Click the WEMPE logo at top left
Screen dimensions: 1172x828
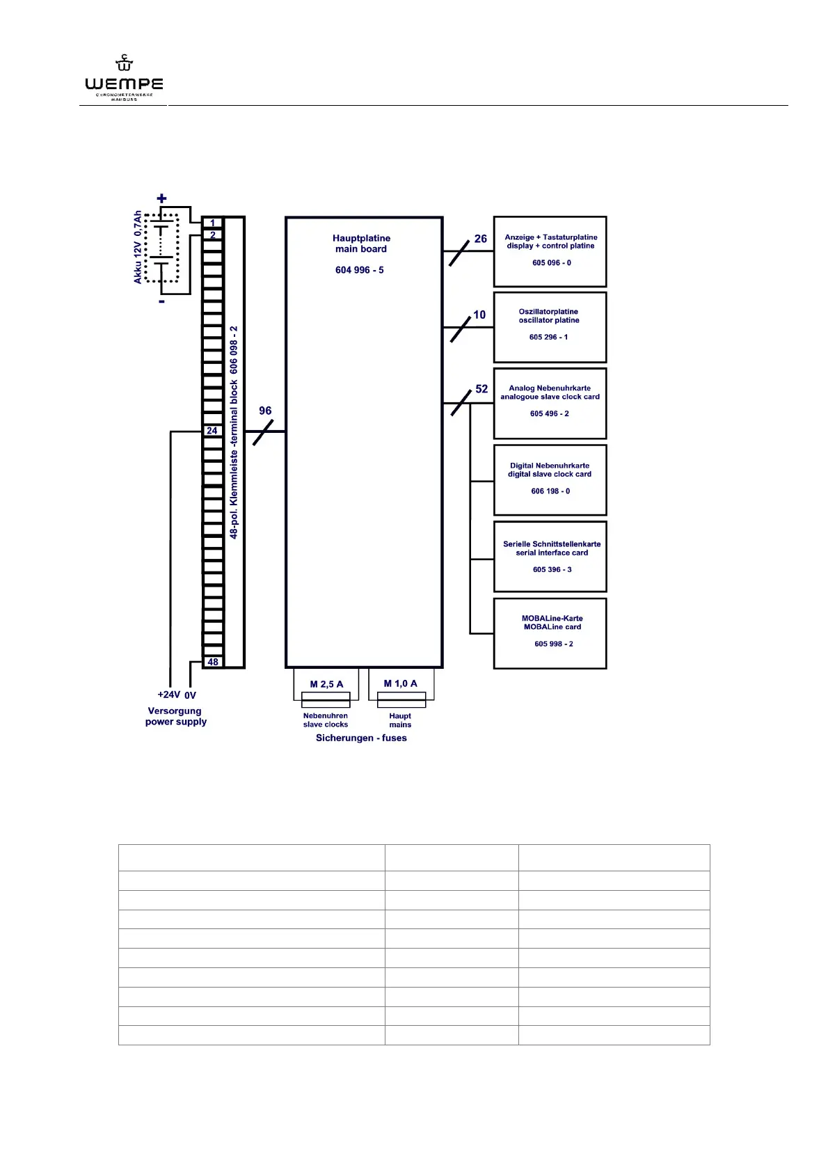click(x=124, y=79)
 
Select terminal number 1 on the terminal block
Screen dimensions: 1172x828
click(x=213, y=223)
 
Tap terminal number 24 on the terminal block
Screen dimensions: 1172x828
click(x=212, y=431)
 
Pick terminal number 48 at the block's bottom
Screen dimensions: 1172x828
click(x=213, y=662)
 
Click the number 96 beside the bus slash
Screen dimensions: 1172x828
click(x=265, y=411)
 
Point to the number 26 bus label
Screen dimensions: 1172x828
click(x=480, y=239)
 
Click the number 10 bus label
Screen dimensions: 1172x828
click(x=479, y=315)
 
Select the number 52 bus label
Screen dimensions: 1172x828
click(x=481, y=389)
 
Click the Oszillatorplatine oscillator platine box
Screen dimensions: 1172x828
click(x=550, y=327)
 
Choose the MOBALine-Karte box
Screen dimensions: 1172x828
click(x=550, y=633)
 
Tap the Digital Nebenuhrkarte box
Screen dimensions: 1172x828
click(x=550, y=480)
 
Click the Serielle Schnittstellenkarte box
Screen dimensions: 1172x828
click(x=550, y=556)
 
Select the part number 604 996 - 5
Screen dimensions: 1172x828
click(x=359, y=270)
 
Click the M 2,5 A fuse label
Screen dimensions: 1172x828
click(x=326, y=684)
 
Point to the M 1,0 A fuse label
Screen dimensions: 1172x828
click(x=401, y=683)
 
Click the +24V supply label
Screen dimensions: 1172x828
click(x=168, y=695)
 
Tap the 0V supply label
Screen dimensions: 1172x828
click(x=190, y=695)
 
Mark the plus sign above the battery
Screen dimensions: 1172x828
click(x=162, y=199)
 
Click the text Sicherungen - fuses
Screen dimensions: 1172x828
click(x=361, y=738)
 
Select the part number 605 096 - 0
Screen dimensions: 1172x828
click(x=552, y=263)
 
